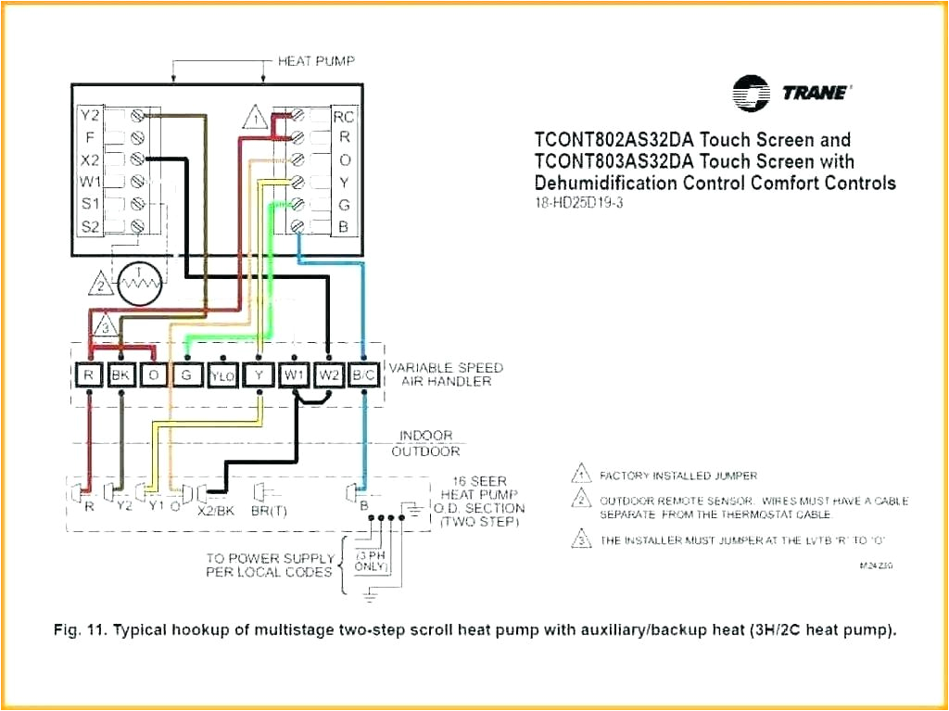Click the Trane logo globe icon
point(751,93)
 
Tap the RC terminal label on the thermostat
point(344,117)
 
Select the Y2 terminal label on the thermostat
point(89,116)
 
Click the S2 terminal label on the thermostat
point(89,225)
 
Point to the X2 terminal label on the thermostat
point(89,159)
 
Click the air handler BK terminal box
point(120,375)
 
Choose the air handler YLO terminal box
point(222,375)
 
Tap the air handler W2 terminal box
point(328,375)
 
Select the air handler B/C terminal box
point(363,375)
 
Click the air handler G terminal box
point(187,375)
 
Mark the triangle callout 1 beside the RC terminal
point(253,119)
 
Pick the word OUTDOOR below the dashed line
point(425,451)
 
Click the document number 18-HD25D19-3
point(578,203)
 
